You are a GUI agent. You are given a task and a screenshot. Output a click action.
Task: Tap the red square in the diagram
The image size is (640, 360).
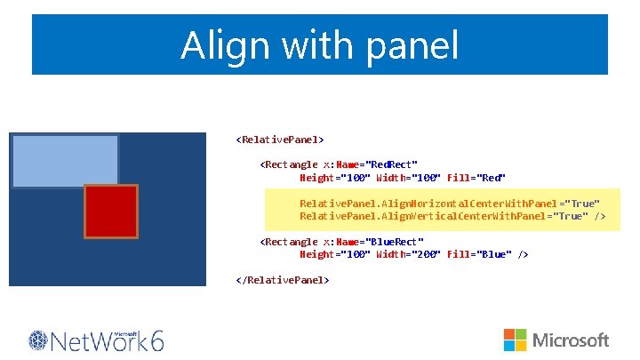(111, 212)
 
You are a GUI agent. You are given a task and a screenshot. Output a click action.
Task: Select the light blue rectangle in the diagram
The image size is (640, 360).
(65, 161)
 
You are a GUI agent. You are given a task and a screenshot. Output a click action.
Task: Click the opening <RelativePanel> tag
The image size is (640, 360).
(280, 140)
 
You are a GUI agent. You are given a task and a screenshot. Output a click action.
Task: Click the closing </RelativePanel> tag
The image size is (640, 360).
(283, 279)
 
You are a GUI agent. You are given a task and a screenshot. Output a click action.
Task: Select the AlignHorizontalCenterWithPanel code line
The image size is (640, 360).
(450, 204)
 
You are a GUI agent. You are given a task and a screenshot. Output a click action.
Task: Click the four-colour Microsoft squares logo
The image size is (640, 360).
(516, 340)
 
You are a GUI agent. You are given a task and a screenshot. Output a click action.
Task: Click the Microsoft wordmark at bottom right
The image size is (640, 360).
(571, 340)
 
